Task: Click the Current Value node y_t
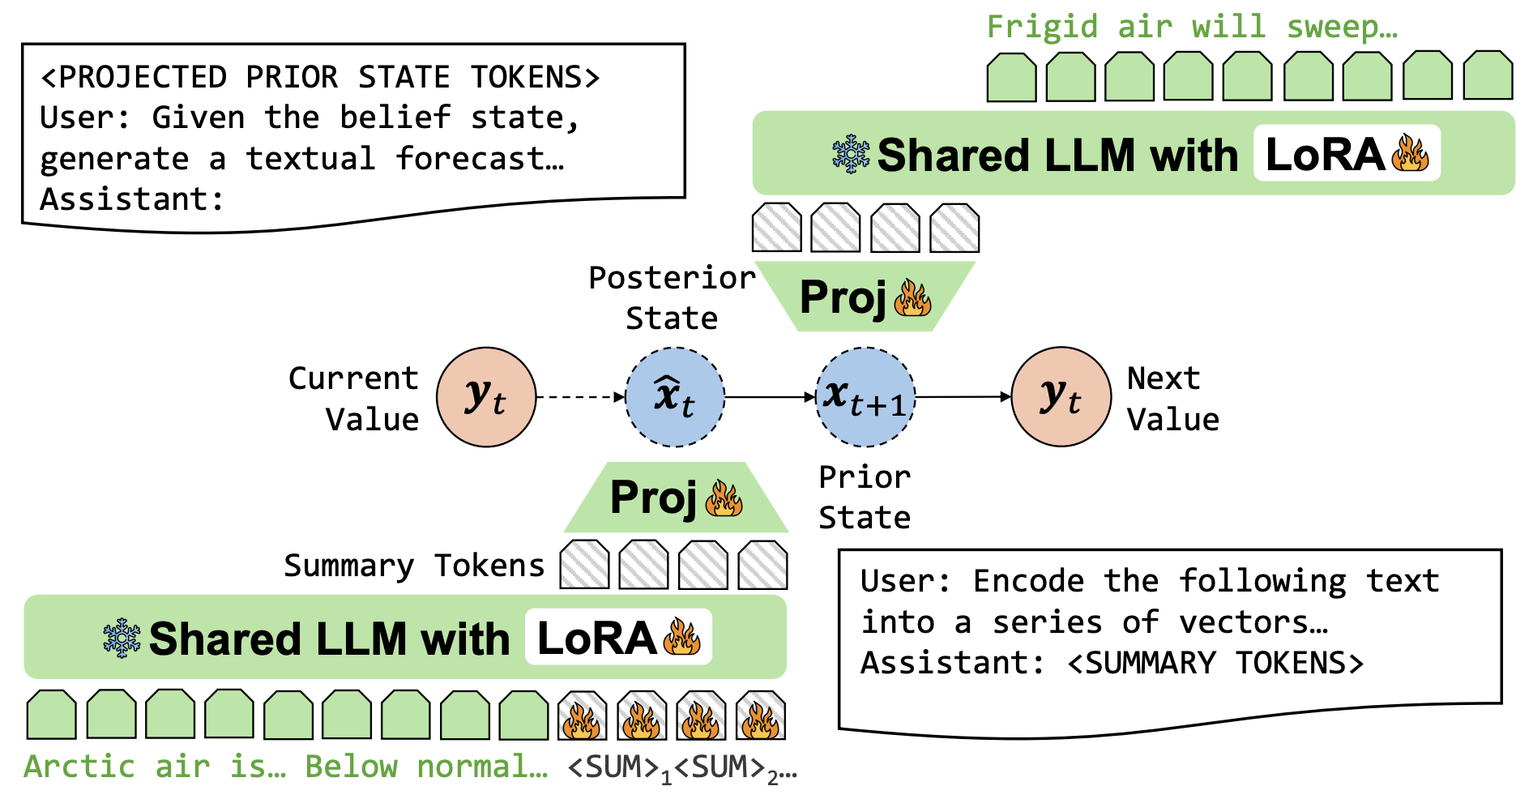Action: pyautogui.click(x=486, y=397)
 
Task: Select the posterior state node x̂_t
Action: pyautogui.click(x=675, y=397)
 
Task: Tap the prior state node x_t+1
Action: pyautogui.click(x=865, y=397)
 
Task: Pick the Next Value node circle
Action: pyautogui.click(x=1061, y=397)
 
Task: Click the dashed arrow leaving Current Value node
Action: pyautogui.click(x=581, y=397)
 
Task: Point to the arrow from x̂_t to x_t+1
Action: pyautogui.click(x=770, y=397)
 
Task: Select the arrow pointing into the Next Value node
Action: pyautogui.click(x=963, y=397)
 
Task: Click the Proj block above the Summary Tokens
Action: pyautogui.click(x=676, y=497)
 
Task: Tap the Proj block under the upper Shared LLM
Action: pyautogui.click(x=865, y=297)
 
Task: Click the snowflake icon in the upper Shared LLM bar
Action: pyautogui.click(x=851, y=154)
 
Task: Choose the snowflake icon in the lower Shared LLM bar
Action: pyautogui.click(x=122, y=638)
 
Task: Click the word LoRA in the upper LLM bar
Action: pyautogui.click(x=1325, y=154)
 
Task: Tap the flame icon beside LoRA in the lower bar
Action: pyautogui.click(x=681, y=637)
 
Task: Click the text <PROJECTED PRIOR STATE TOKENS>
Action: pyautogui.click(x=320, y=78)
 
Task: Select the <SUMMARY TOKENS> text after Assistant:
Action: pyautogui.click(x=1215, y=663)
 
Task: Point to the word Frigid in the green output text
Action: pyautogui.click(x=1043, y=27)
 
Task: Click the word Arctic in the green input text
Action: pyautogui.click(x=79, y=767)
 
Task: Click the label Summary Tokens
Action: pyautogui.click(x=414, y=566)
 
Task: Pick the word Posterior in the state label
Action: pyautogui.click(x=672, y=278)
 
